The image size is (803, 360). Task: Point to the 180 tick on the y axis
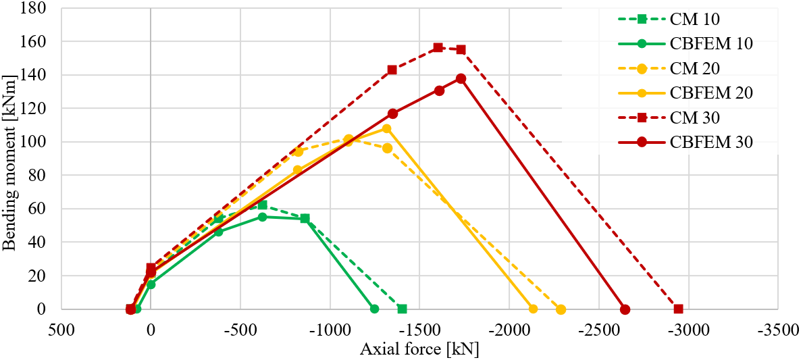click(x=34, y=9)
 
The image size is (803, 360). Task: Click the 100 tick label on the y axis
click(x=34, y=142)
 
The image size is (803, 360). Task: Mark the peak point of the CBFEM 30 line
click(x=461, y=78)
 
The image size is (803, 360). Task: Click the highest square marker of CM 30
click(x=438, y=47)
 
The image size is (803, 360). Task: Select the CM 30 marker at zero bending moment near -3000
click(x=678, y=309)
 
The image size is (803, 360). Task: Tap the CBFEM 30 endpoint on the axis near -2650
click(x=625, y=309)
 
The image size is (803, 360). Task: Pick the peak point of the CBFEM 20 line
click(x=386, y=128)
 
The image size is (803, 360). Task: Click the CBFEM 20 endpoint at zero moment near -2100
click(x=533, y=309)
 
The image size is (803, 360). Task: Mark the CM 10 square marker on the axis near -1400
click(x=402, y=309)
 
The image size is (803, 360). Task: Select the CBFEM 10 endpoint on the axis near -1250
click(x=374, y=309)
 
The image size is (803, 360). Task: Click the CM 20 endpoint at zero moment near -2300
click(x=561, y=309)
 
